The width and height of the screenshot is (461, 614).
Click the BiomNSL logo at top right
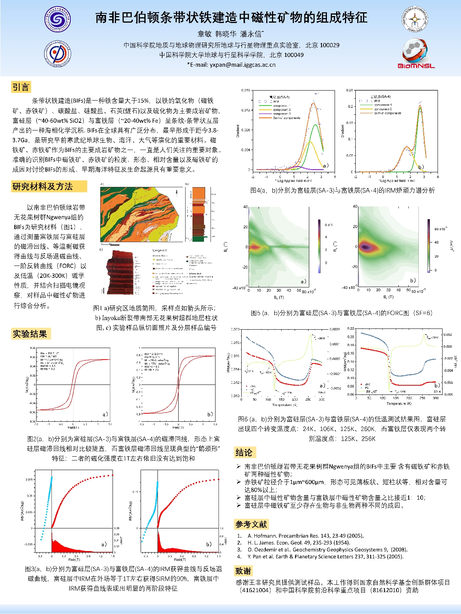point(416,54)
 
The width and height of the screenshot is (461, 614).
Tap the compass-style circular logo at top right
point(415,19)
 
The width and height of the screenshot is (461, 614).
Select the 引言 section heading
point(21,87)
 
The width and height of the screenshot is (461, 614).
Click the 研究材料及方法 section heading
point(43,187)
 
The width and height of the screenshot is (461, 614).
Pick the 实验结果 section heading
point(30,334)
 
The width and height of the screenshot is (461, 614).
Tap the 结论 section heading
point(244,453)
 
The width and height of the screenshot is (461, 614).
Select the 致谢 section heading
point(243,571)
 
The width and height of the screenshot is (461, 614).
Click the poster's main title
point(231,17)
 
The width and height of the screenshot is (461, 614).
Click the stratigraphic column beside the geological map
point(199,214)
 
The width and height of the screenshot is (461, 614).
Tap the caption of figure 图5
point(342,313)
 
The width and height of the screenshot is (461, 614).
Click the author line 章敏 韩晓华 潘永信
point(230,34)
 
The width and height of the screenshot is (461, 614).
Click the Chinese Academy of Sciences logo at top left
point(57,19)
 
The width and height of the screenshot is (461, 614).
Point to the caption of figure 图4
point(342,190)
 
